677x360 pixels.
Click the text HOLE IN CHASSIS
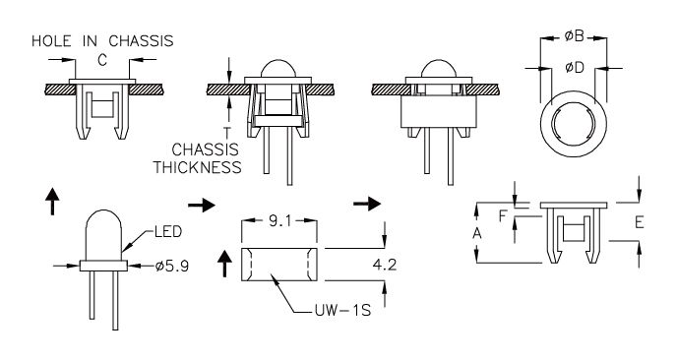pyautogui.click(x=102, y=41)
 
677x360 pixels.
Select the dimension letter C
pyautogui.click(x=102, y=60)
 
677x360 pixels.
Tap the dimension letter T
pyautogui.click(x=227, y=133)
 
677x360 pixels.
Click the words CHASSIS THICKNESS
pyautogui.click(x=198, y=158)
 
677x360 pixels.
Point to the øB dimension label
pyautogui.click(x=574, y=36)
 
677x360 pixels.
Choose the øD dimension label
pyautogui.click(x=575, y=67)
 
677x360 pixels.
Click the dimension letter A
pyautogui.click(x=476, y=233)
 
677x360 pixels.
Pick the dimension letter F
pyautogui.click(x=502, y=215)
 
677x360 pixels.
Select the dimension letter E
pyautogui.click(x=640, y=222)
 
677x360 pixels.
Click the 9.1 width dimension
pyautogui.click(x=279, y=221)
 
